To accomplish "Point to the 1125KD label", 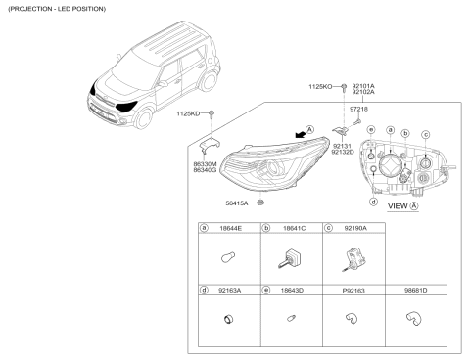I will click(188, 114).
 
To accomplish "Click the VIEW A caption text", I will click(401, 207).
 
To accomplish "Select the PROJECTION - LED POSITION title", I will click(56, 8).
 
